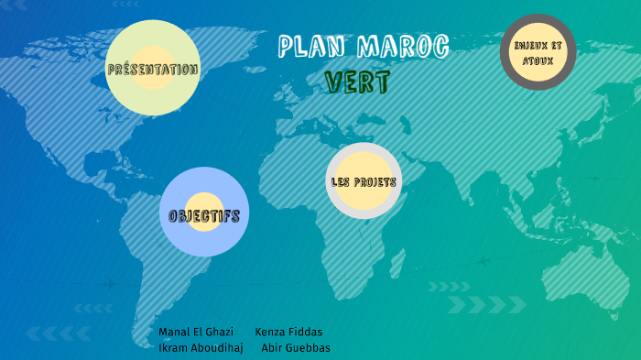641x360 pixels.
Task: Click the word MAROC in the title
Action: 402,47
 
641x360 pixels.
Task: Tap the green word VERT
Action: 357,82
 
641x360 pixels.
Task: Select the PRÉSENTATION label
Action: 152,69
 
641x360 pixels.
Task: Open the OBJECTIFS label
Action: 204,216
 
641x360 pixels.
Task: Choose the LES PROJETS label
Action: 364,181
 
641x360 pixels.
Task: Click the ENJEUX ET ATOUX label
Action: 538,52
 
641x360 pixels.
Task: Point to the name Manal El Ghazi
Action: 196,332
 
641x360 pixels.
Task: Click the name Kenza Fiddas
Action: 288,332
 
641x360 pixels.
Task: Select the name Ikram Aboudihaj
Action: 201,348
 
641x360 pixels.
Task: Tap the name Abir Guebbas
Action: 296,348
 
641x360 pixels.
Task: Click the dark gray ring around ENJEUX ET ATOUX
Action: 538,20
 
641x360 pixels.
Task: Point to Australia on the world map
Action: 578,266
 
